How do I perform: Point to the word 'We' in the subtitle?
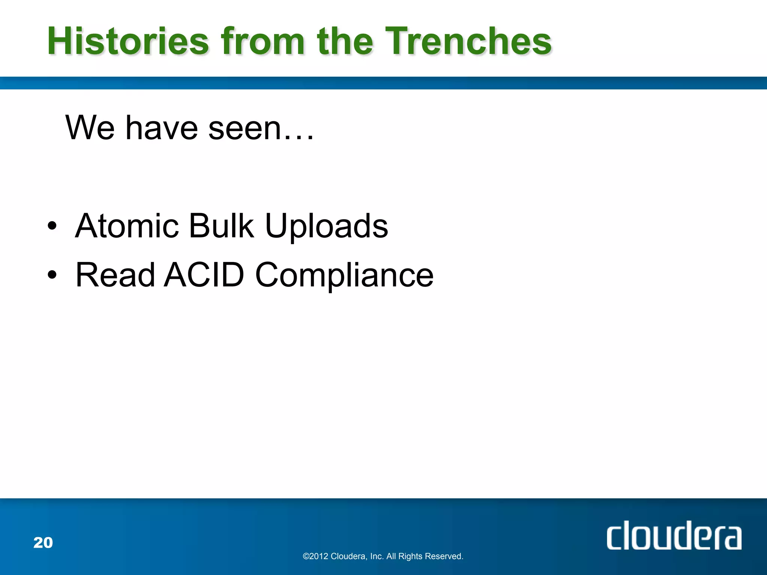(x=90, y=128)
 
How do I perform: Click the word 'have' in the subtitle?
(x=161, y=128)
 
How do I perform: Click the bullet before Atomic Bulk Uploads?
(x=52, y=226)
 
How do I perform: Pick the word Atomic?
(x=127, y=226)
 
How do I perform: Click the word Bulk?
(x=221, y=226)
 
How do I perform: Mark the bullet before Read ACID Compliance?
(x=52, y=275)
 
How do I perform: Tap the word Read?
(x=115, y=275)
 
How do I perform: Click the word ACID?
(x=204, y=275)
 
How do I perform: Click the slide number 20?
(x=43, y=543)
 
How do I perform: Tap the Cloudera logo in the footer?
(x=673, y=536)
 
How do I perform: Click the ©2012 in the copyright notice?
(x=315, y=556)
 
